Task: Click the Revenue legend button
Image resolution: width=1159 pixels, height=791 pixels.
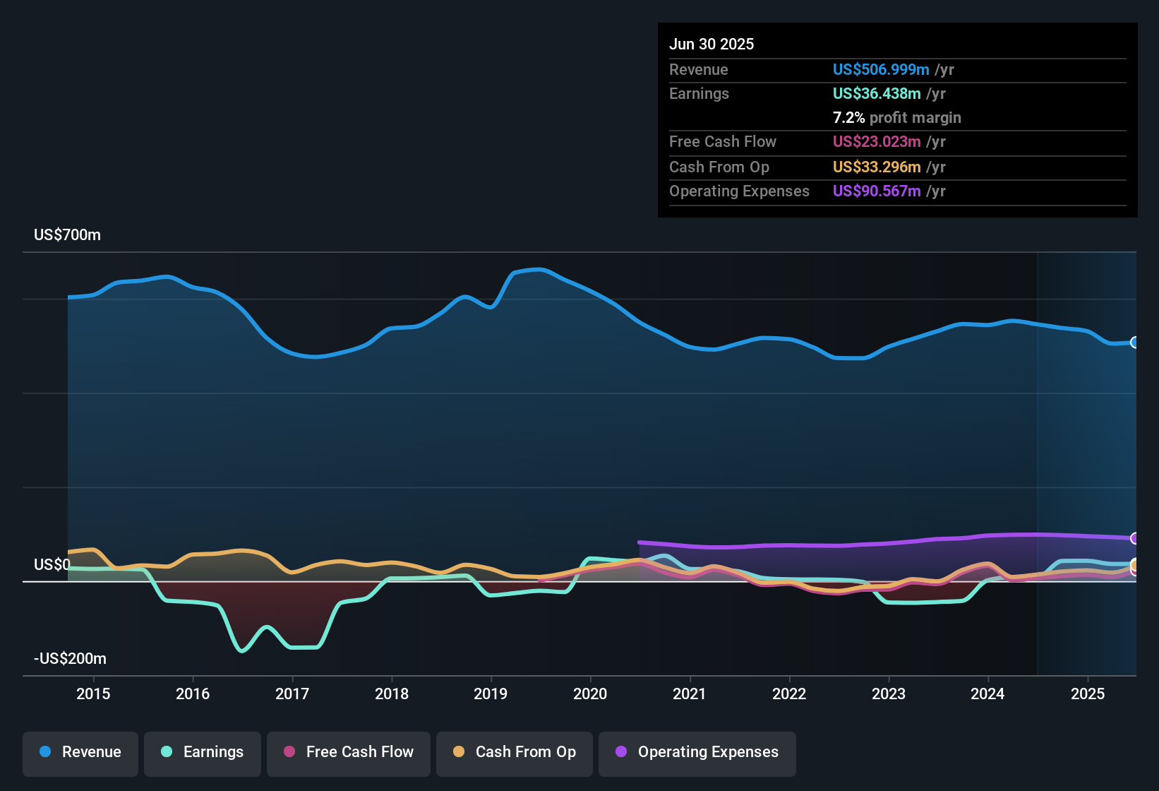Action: (80, 752)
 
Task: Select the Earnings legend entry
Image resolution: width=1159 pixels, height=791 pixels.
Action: (203, 752)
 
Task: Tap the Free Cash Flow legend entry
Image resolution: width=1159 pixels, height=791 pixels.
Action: (349, 752)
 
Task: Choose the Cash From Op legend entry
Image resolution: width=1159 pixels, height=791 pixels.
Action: (515, 752)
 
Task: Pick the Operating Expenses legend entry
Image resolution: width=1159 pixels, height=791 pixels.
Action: (697, 752)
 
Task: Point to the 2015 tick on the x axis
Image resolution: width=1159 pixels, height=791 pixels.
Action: (93, 694)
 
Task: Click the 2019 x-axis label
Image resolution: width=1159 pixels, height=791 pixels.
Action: (491, 694)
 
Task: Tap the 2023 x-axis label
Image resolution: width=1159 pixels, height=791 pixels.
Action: (889, 694)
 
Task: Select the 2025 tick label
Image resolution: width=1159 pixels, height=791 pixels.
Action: (1088, 694)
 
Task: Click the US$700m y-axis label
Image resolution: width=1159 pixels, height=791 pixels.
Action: (67, 235)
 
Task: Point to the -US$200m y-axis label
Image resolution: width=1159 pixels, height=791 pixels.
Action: (70, 659)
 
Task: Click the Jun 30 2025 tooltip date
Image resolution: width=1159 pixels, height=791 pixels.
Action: (711, 44)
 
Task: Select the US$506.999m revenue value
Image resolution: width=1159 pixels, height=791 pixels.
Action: (880, 69)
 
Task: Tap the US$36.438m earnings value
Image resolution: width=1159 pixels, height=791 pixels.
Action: (876, 93)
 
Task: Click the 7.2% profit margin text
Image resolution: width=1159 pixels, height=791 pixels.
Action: (896, 117)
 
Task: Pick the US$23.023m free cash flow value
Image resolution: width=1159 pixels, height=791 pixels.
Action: (876, 141)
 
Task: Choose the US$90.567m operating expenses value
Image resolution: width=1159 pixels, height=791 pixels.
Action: (876, 191)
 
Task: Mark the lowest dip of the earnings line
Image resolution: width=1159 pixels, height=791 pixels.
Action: (242, 650)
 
